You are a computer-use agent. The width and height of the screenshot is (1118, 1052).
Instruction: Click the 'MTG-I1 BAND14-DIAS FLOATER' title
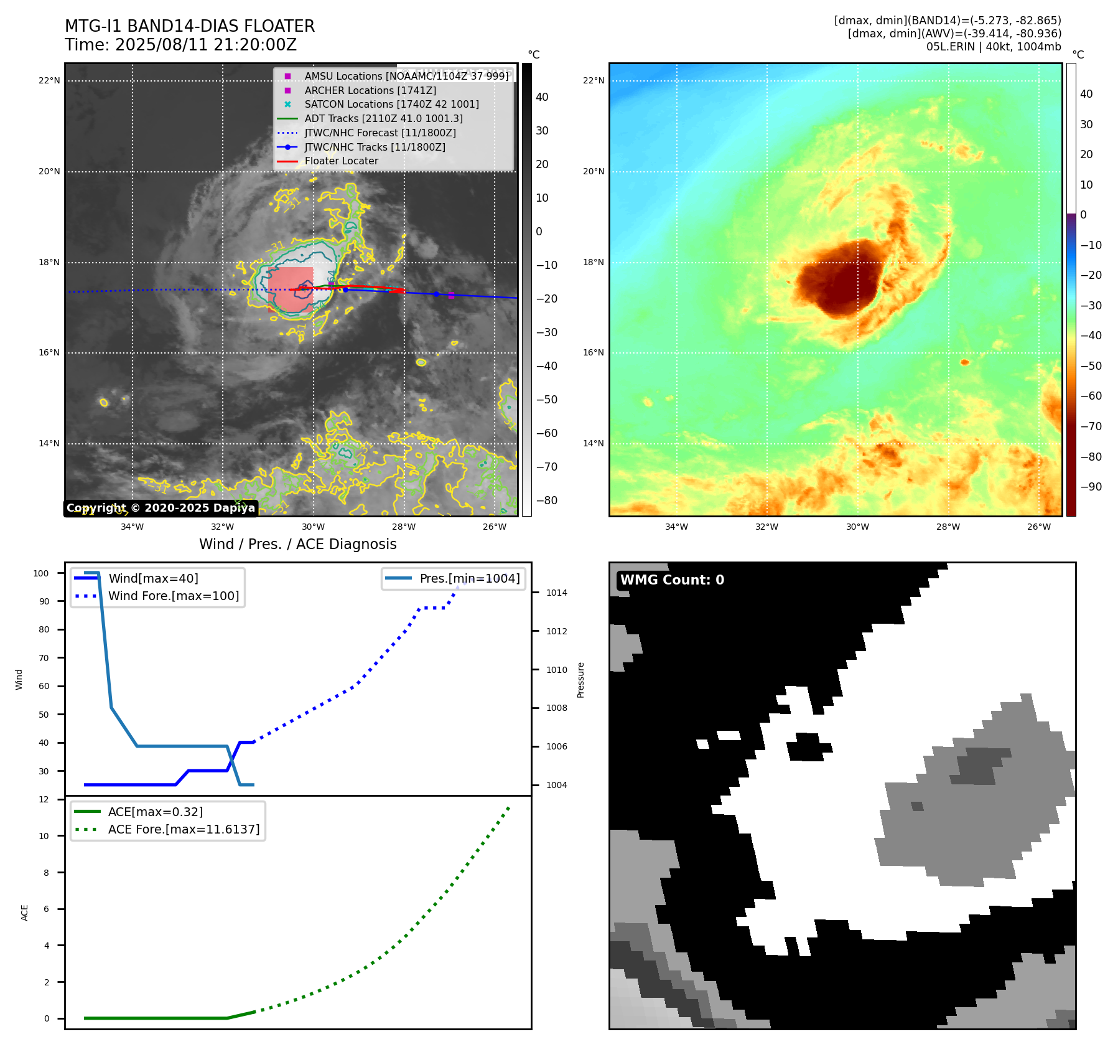[x=190, y=26]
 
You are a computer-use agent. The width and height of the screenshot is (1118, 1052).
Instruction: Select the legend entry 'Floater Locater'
[x=341, y=161]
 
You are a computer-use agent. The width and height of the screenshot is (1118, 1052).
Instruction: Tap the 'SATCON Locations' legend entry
[x=391, y=105]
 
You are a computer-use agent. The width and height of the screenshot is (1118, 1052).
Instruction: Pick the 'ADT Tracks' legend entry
[x=383, y=119]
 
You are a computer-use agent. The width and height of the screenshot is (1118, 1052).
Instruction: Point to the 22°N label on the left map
[x=49, y=81]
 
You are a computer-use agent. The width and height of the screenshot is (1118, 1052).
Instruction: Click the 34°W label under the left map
[x=132, y=527]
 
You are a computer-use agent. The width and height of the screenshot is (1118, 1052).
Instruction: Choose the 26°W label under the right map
[x=1038, y=527]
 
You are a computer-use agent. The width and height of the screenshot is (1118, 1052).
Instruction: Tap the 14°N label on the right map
[x=594, y=444]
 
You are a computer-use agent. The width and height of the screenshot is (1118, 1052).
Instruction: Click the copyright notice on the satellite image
[x=161, y=508]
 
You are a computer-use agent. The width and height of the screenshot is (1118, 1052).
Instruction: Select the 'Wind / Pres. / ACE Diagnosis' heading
[x=297, y=544]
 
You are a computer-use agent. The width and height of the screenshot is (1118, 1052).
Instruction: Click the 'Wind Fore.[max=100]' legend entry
[x=174, y=596]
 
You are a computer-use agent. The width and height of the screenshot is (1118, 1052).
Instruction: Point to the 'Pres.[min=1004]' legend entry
[x=469, y=578]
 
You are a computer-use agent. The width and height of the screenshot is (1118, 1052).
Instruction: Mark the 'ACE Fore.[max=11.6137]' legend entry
[x=184, y=829]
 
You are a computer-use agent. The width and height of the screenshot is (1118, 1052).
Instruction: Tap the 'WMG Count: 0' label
[x=672, y=580]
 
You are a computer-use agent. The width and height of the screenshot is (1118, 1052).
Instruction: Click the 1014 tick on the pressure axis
[x=557, y=593]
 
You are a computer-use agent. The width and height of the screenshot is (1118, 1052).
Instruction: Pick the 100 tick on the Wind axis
[x=41, y=573]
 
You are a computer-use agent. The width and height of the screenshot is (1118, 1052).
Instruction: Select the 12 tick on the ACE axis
[x=44, y=799]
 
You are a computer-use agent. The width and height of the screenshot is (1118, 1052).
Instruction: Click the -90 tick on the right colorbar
[x=1091, y=487]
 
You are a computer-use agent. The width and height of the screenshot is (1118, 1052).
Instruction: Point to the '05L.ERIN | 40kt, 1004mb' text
[x=993, y=47]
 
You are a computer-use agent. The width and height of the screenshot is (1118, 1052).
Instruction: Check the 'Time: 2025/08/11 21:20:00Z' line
[x=180, y=45]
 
